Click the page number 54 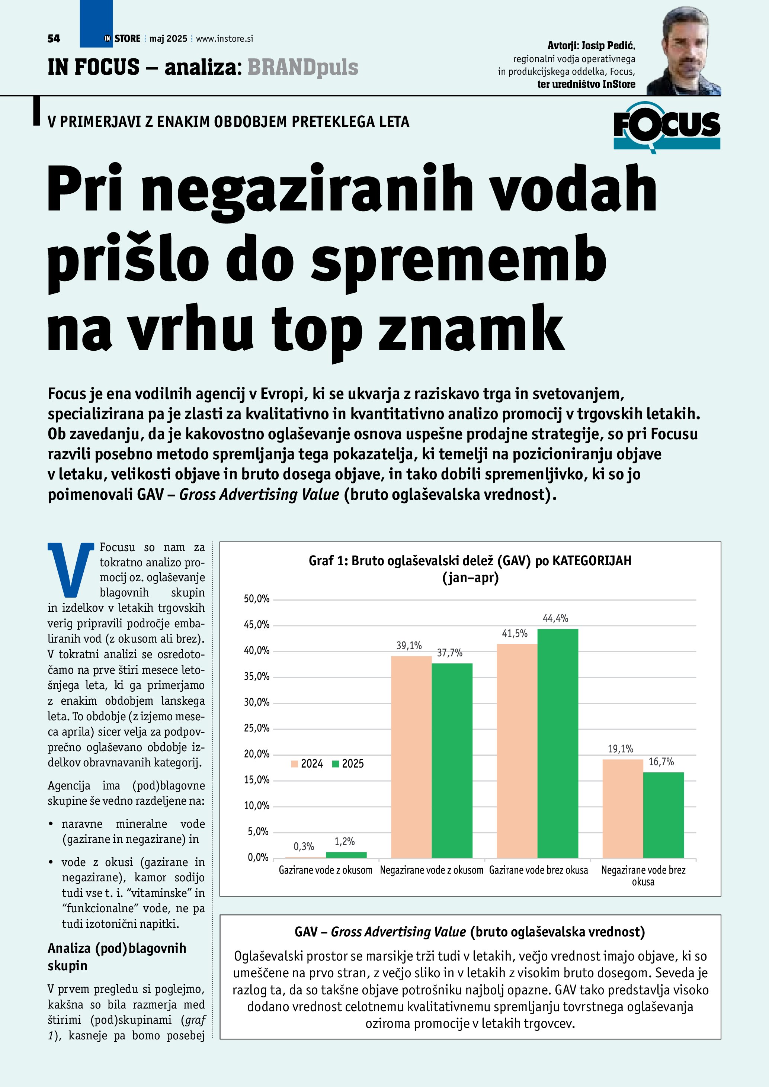pos(54,39)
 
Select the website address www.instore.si pos(224,39)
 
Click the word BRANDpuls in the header pos(302,67)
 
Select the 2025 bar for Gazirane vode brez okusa pos(557,743)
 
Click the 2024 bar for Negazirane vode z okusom pos(411,757)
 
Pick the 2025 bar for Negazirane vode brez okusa pos(663,815)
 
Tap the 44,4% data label pos(555,619)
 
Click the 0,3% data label pos(304,846)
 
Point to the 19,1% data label pos(620,749)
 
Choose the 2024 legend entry pos(307,763)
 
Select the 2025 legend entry pos(348,763)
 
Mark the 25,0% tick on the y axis pos(256,728)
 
